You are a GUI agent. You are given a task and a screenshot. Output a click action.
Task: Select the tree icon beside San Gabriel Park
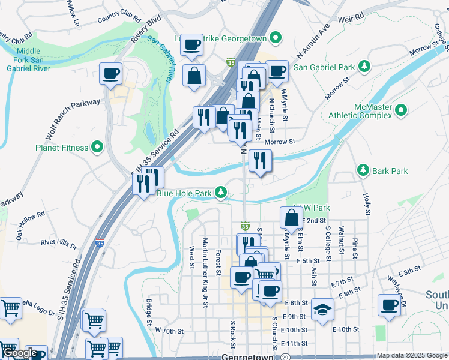(x=363, y=65)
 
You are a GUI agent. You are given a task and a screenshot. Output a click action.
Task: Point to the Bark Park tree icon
(x=363, y=171)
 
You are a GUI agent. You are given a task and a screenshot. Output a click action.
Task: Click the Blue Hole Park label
(x=184, y=193)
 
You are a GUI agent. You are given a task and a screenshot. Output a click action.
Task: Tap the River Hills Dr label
(x=59, y=244)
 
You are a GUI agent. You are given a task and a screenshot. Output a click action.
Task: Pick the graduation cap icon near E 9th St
(x=322, y=309)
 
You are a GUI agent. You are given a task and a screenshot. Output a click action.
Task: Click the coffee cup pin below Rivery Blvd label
(x=111, y=74)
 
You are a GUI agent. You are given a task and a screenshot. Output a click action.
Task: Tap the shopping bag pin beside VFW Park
(x=291, y=218)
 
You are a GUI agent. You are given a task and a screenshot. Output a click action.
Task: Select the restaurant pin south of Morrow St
(x=260, y=161)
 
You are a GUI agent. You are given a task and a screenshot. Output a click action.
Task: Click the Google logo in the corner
(x=20, y=353)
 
